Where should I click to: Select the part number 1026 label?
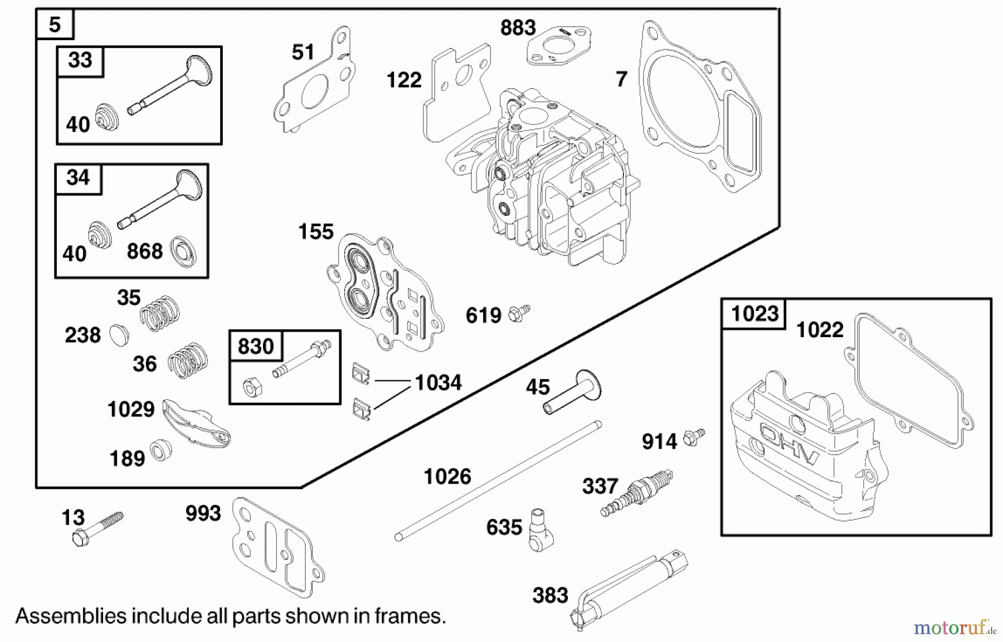pos(447,477)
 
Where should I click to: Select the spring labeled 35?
pos(160,313)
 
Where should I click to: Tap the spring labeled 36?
pos(188,360)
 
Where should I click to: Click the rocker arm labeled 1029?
pos(195,424)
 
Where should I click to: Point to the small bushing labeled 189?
pos(161,449)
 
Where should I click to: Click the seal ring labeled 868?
pos(183,251)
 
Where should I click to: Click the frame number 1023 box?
pos(754,314)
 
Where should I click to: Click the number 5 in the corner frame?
pos(55,25)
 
